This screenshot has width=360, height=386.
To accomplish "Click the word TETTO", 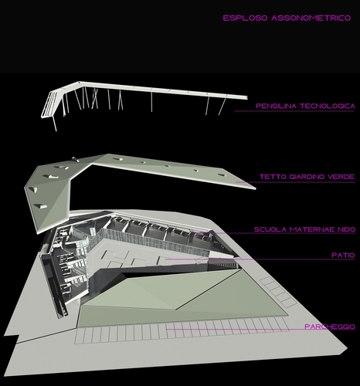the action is [273, 177].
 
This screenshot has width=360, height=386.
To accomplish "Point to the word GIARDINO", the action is [307, 177].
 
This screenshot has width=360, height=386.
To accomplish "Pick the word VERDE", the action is [341, 177].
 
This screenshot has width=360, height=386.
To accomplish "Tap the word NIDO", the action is [347, 229].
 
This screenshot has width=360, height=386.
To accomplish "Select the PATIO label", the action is [343, 256].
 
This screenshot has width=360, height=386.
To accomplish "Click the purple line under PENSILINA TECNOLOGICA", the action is [294, 111].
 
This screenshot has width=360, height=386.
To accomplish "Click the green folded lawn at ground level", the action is [180, 299].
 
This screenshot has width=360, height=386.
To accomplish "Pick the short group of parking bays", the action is [279, 293].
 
